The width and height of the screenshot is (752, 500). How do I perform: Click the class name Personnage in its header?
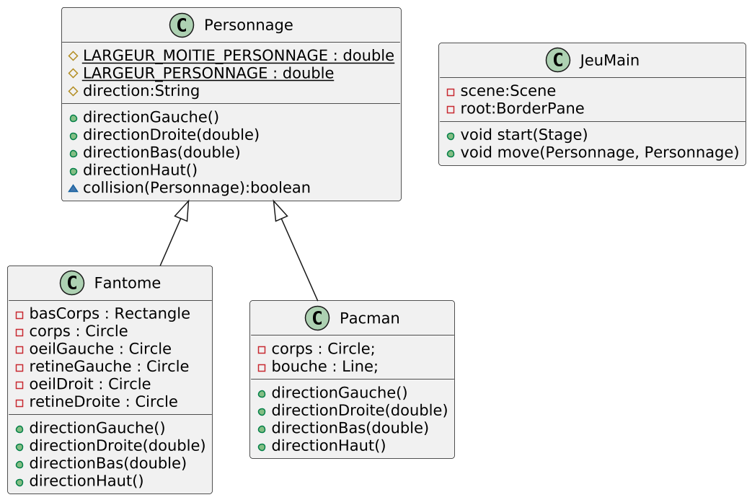point(249,25)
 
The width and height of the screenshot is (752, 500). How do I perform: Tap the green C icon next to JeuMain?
point(558,60)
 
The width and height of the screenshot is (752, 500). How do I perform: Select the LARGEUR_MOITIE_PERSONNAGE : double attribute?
point(239,56)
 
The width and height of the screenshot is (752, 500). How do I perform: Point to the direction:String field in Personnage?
point(141,91)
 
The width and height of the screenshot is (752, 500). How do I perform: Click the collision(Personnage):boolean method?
point(197,188)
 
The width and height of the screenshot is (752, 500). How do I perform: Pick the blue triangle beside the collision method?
point(73,188)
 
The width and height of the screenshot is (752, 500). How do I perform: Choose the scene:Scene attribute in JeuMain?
point(508,91)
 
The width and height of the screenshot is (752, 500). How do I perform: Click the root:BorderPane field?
point(522,108)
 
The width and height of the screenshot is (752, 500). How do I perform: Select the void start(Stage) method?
point(523,135)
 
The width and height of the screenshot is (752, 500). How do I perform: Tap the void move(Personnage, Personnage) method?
point(599,152)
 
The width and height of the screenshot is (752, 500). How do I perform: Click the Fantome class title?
point(127,283)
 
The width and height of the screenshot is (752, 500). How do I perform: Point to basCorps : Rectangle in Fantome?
point(110,313)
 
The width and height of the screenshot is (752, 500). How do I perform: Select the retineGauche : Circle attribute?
point(109,367)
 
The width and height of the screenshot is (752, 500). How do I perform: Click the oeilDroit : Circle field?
point(89,384)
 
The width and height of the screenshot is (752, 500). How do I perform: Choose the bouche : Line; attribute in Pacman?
point(324,367)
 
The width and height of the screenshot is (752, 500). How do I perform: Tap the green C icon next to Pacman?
point(317,318)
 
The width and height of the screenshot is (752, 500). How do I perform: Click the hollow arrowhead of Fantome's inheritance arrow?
point(182,211)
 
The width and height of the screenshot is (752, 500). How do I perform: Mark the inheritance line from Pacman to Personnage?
point(296,250)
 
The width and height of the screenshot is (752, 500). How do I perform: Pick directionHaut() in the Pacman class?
point(329,446)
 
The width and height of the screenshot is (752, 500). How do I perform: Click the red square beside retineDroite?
point(19,403)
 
